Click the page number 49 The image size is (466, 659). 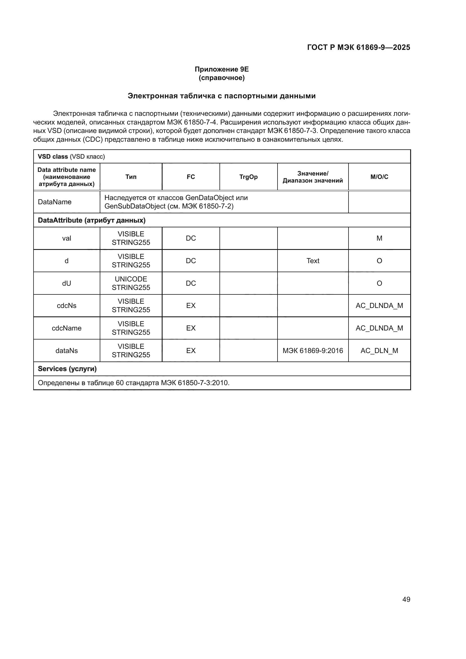pos(406,599)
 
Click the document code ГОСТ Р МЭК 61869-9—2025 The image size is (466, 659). pos(358,47)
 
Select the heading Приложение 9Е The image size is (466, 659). pos(221,69)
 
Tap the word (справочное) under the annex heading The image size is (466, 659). pos(221,78)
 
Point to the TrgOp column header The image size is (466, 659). pos(248,177)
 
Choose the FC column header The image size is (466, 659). pos(190,177)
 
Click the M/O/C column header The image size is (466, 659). pos(379,177)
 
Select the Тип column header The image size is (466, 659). pos(131,177)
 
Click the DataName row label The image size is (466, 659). pos(55,202)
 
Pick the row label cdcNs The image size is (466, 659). pos(66,306)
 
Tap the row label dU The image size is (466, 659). pos(66,283)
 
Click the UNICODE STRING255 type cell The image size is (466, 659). pos(131,283)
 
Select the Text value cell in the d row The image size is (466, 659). pos(312,261)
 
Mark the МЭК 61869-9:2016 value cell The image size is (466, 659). pos(312,350)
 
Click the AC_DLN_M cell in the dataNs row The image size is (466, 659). pos(379,350)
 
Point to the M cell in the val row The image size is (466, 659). pos(379,238)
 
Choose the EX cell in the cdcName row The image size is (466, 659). pos(190,328)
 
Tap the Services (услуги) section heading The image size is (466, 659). pos(67,369)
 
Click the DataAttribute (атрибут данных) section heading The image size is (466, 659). pos(92,220)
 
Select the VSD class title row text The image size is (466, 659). pos(71,156)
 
